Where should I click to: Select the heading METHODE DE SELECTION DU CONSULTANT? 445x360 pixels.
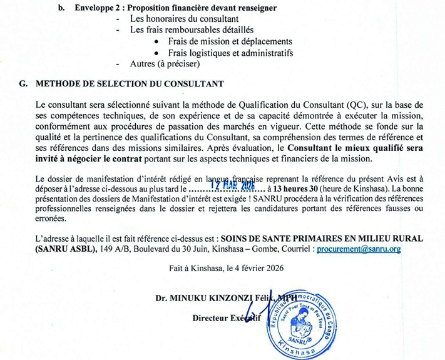tap(130, 83)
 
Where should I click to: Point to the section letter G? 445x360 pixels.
tap(23, 83)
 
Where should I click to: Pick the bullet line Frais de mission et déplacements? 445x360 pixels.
tap(230, 41)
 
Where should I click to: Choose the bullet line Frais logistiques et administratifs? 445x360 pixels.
tap(230, 53)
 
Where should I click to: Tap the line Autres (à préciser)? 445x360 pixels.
tap(165, 64)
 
